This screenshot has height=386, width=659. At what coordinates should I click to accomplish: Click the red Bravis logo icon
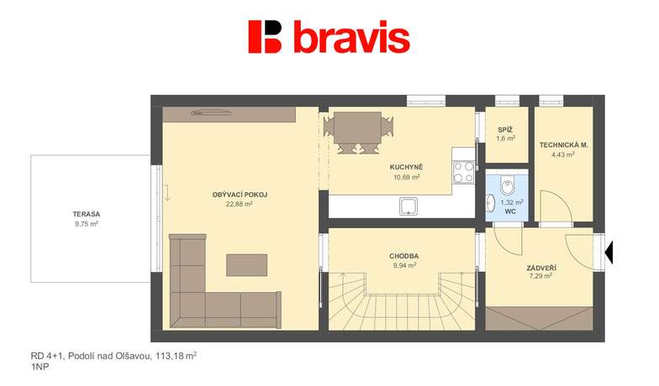point(265,37)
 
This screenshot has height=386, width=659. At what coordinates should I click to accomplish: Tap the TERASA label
point(87,214)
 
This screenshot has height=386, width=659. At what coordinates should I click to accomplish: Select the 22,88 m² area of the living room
point(239,205)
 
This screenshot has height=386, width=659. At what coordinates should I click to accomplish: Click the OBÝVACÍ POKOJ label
point(240,195)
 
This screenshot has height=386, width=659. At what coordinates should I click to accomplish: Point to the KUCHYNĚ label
point(407,167)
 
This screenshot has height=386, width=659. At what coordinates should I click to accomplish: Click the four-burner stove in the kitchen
point(464,173)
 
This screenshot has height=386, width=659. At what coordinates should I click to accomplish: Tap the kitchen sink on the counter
point(409,206)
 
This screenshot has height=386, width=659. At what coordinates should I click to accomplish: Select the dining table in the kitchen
point(358,126)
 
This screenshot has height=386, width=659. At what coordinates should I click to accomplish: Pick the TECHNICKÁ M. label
point(563,145)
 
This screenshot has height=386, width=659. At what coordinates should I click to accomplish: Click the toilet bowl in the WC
point(508,186)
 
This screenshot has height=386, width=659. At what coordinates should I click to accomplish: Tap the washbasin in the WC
point(490,203)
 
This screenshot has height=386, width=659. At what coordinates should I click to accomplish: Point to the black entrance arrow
point(609,253)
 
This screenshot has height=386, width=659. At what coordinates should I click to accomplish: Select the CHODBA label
point(403,256)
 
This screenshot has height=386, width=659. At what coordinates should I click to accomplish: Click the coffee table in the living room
point(247,265)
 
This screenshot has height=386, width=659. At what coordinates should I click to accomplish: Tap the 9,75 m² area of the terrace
point(87,223)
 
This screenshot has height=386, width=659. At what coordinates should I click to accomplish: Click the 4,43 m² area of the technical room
point(563,154)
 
